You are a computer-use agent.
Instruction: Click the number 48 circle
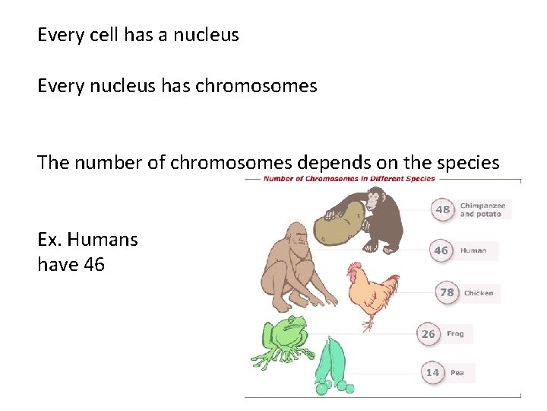tap(443, 209)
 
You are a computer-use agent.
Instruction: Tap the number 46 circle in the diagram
tap(441, 250)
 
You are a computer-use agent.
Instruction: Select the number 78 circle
tap(447, 292)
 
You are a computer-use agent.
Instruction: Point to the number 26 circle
tap(428, 333)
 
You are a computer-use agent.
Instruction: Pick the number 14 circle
tap(432, 372)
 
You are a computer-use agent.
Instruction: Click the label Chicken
tap(479, 293)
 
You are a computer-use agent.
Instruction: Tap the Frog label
tap(455, 334)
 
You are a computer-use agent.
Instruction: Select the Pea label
tap(457, 373)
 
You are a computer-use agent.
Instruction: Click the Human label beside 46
tap(473, 250)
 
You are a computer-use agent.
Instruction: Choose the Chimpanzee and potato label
tap(482, 209)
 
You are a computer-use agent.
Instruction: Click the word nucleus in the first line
tap(205, 35)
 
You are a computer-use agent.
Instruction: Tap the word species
tap(466, 163)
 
